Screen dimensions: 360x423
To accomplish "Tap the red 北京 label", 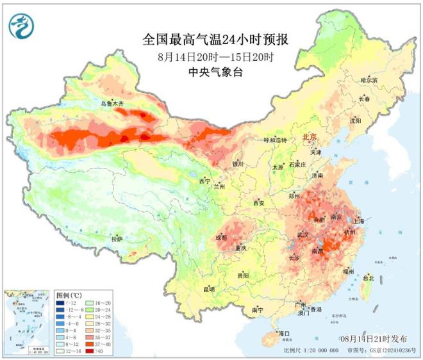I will [311, 137].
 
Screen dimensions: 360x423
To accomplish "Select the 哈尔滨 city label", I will [370, 81].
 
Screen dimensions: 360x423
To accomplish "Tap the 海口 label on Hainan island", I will [284, 333].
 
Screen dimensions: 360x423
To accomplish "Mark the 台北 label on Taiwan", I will [368, 278].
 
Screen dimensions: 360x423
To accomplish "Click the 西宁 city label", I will [204, 181].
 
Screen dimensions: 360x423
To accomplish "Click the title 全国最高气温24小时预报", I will [215, 40].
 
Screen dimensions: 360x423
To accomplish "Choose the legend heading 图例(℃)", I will [69, 295].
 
